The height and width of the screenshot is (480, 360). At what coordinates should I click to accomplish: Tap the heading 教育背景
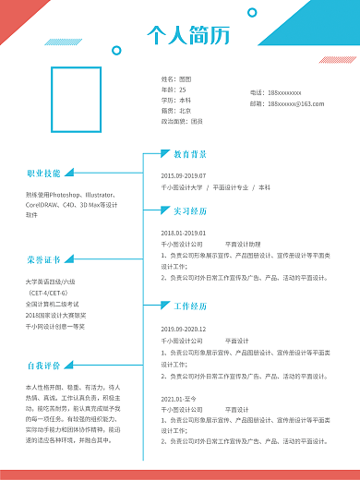tap(190, 154)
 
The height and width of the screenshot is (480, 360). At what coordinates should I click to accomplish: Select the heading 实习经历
tap(190, 211)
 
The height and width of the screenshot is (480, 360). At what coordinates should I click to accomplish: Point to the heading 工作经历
tap(190, 306)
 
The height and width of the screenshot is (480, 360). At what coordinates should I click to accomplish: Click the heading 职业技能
tap(43, 173)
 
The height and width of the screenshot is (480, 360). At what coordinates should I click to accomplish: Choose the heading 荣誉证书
tap(43, 259)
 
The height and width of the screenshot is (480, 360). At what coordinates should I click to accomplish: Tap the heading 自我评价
tap(43, 365)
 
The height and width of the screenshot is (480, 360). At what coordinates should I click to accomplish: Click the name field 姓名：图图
tap(176, 79)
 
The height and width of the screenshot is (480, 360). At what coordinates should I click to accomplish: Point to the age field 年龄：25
tap(174, 90)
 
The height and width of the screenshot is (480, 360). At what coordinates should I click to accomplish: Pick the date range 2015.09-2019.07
tap(184, 175)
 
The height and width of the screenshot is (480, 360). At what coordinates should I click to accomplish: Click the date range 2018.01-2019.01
tap(184, 233)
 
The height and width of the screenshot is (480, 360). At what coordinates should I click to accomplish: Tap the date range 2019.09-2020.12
tap(184, 329)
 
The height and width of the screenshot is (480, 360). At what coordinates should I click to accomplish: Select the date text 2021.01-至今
tap(179, 399)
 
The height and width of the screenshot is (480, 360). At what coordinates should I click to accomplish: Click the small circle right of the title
tap(252, 13)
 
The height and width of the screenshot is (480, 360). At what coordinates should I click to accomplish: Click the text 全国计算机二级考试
tap(53, 304)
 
